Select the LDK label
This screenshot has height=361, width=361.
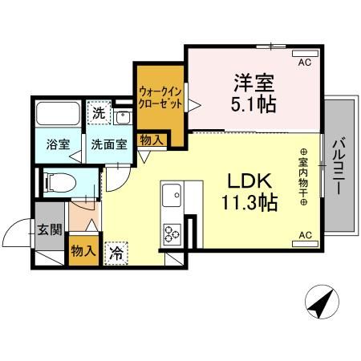(250, 178)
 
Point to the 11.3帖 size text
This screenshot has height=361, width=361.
(250, 201)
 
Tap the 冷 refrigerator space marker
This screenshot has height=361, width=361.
(116, 250)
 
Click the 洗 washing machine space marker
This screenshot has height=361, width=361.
(97, 113)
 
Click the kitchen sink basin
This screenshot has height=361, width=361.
(172, 195)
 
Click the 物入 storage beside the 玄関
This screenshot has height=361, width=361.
(84, 250)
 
